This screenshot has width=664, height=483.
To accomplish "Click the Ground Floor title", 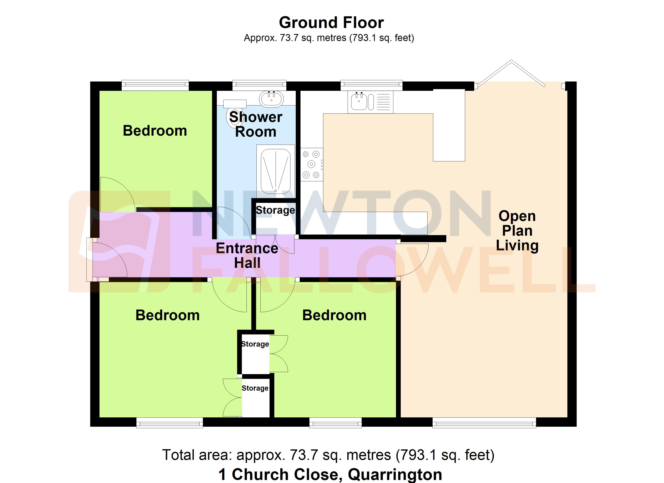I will click(331, 23).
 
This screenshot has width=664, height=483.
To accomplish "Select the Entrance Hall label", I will click(247, 255).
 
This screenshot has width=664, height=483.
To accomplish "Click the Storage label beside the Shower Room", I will click(275, 210).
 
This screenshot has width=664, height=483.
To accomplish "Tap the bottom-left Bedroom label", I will click(167, 315).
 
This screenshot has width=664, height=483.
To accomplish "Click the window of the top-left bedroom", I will click(155, 85).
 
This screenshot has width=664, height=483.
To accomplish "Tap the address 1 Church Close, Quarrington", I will click(330, 474).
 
